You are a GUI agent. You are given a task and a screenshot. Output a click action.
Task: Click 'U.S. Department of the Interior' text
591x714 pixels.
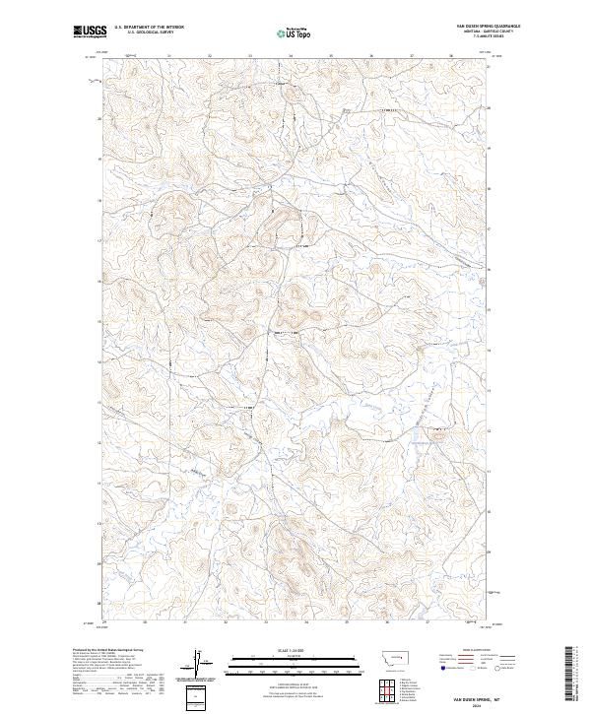[149, 27]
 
